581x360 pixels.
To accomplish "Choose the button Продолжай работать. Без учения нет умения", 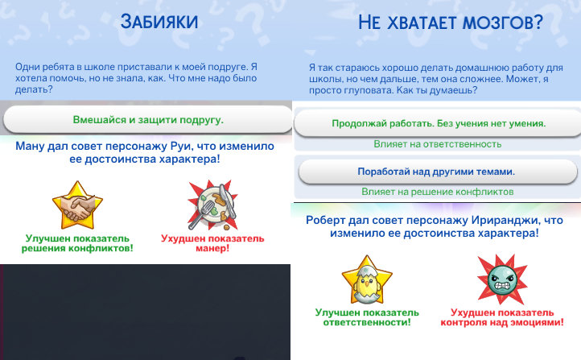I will point(438,123).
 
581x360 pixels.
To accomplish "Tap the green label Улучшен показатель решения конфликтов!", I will point(79,242).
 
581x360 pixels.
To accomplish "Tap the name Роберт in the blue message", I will point(326,219).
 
